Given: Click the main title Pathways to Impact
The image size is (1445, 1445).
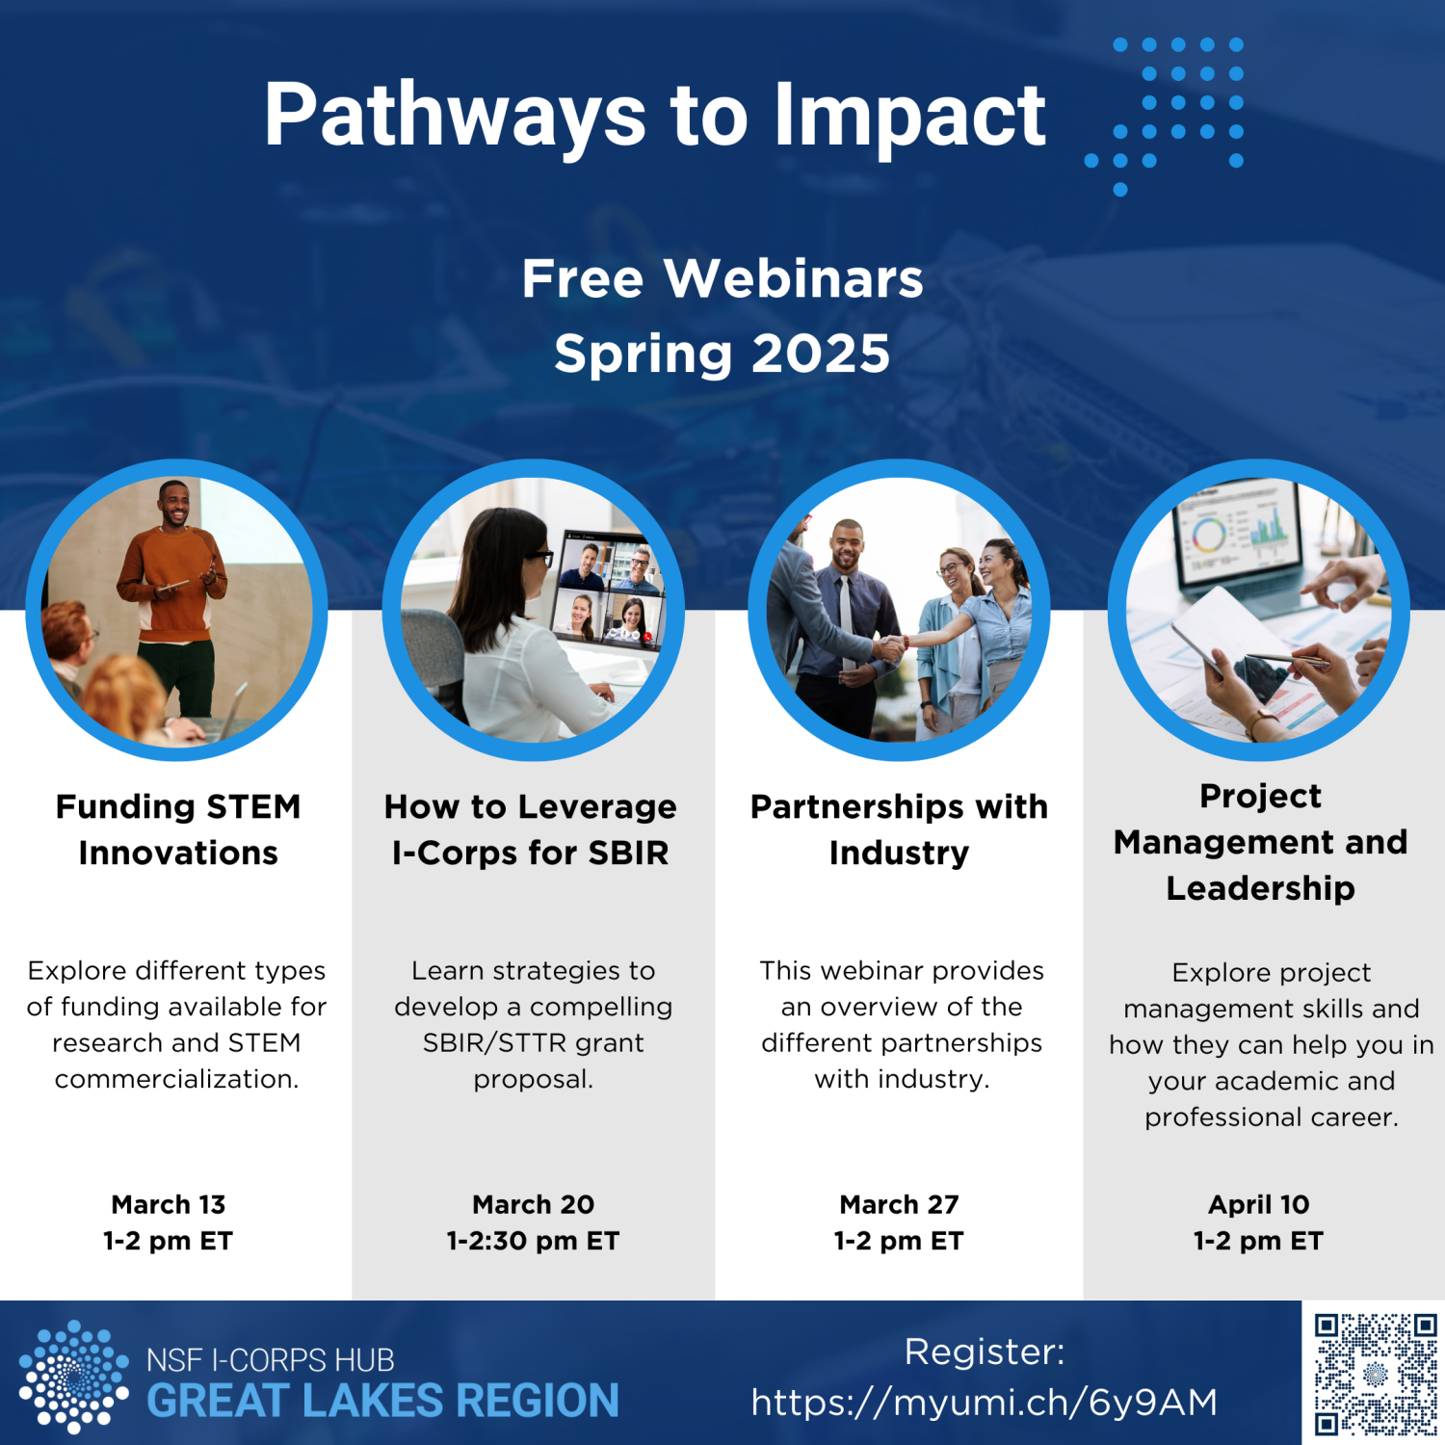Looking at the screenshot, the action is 655,116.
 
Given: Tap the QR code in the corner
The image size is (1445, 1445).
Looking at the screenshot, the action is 1376,1374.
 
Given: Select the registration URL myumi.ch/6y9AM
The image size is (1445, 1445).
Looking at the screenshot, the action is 985,1403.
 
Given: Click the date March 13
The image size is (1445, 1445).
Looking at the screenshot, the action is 169,1204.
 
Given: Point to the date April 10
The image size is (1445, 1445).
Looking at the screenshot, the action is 1259,1204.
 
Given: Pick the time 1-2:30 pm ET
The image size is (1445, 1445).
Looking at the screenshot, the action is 533,1241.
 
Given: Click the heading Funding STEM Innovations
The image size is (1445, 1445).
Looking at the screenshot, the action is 178,829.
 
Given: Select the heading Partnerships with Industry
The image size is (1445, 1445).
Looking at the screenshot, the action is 899,829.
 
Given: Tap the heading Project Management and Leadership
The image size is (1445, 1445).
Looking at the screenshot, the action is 1260,842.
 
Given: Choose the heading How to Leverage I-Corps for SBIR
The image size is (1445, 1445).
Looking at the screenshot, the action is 531,829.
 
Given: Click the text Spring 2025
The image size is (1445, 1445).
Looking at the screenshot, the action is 722,355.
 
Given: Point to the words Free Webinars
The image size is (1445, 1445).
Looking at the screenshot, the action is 722,278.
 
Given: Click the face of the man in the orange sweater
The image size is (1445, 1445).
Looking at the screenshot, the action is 174,504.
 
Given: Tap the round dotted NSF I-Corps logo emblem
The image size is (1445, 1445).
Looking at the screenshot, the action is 73,1377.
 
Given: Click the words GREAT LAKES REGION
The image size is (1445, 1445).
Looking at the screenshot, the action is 382,1401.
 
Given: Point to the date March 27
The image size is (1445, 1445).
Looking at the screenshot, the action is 899,1204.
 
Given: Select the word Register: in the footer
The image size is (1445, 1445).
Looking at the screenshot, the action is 985,1352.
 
